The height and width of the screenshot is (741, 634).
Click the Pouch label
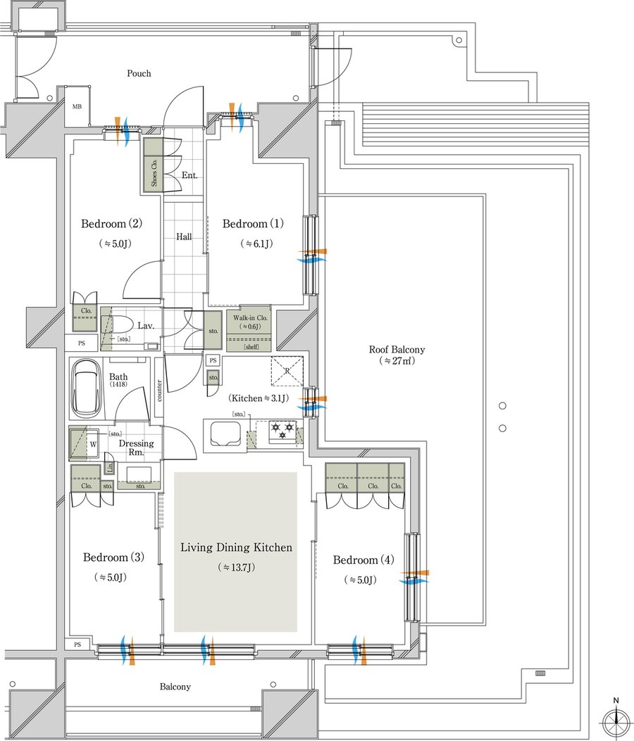click(x=139, y=73)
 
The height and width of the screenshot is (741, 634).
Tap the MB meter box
click(x=77, y=107)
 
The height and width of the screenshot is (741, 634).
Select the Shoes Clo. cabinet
click(x=154, y=165)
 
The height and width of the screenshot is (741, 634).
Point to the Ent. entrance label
click(x=189, y=175)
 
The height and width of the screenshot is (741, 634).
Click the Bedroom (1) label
click(x=253, y=224)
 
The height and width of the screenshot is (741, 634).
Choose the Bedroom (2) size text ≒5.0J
click(x=114, y=244)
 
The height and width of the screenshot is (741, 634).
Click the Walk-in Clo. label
click(x=250, y=317)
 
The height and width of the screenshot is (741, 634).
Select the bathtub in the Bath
click(x=86, y=388)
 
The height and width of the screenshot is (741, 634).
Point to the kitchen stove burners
click(x=283, y=431)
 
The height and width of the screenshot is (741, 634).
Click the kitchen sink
click(x=223, y=433)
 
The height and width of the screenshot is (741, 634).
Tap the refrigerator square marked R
click(x=287, y=371)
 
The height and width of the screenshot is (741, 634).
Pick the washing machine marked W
click(x=85, y=444)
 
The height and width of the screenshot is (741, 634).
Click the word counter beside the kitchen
click(x=159, y=391)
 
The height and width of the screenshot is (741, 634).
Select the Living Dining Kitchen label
click(x=236, y=547)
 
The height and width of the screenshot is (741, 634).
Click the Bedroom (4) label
click(x=363, y=560)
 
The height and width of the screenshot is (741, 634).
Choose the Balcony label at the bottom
click(x=175, y=687)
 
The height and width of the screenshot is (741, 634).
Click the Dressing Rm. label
click(x=136, y=448)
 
